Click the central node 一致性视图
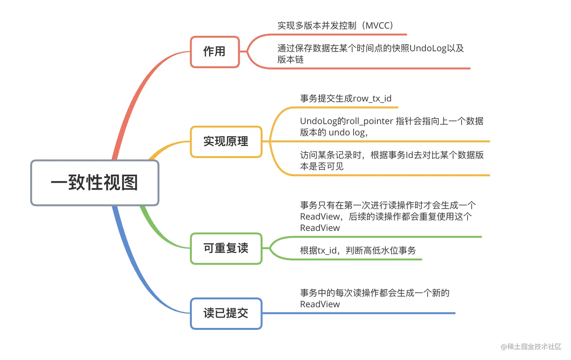(94, 183)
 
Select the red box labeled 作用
(215, 52)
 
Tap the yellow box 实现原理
(226, 142)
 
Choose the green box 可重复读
(226, 248)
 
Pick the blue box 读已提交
(226, 313)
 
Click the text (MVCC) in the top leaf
(378, 26)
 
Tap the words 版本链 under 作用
(290, 60)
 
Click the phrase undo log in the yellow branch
(347, 132)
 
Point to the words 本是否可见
(322, 166)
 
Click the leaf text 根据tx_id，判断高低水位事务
(358, 251)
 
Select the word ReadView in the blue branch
(320, 304)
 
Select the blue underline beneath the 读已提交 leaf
(359, 313)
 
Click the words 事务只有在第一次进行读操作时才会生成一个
(388, 205)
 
